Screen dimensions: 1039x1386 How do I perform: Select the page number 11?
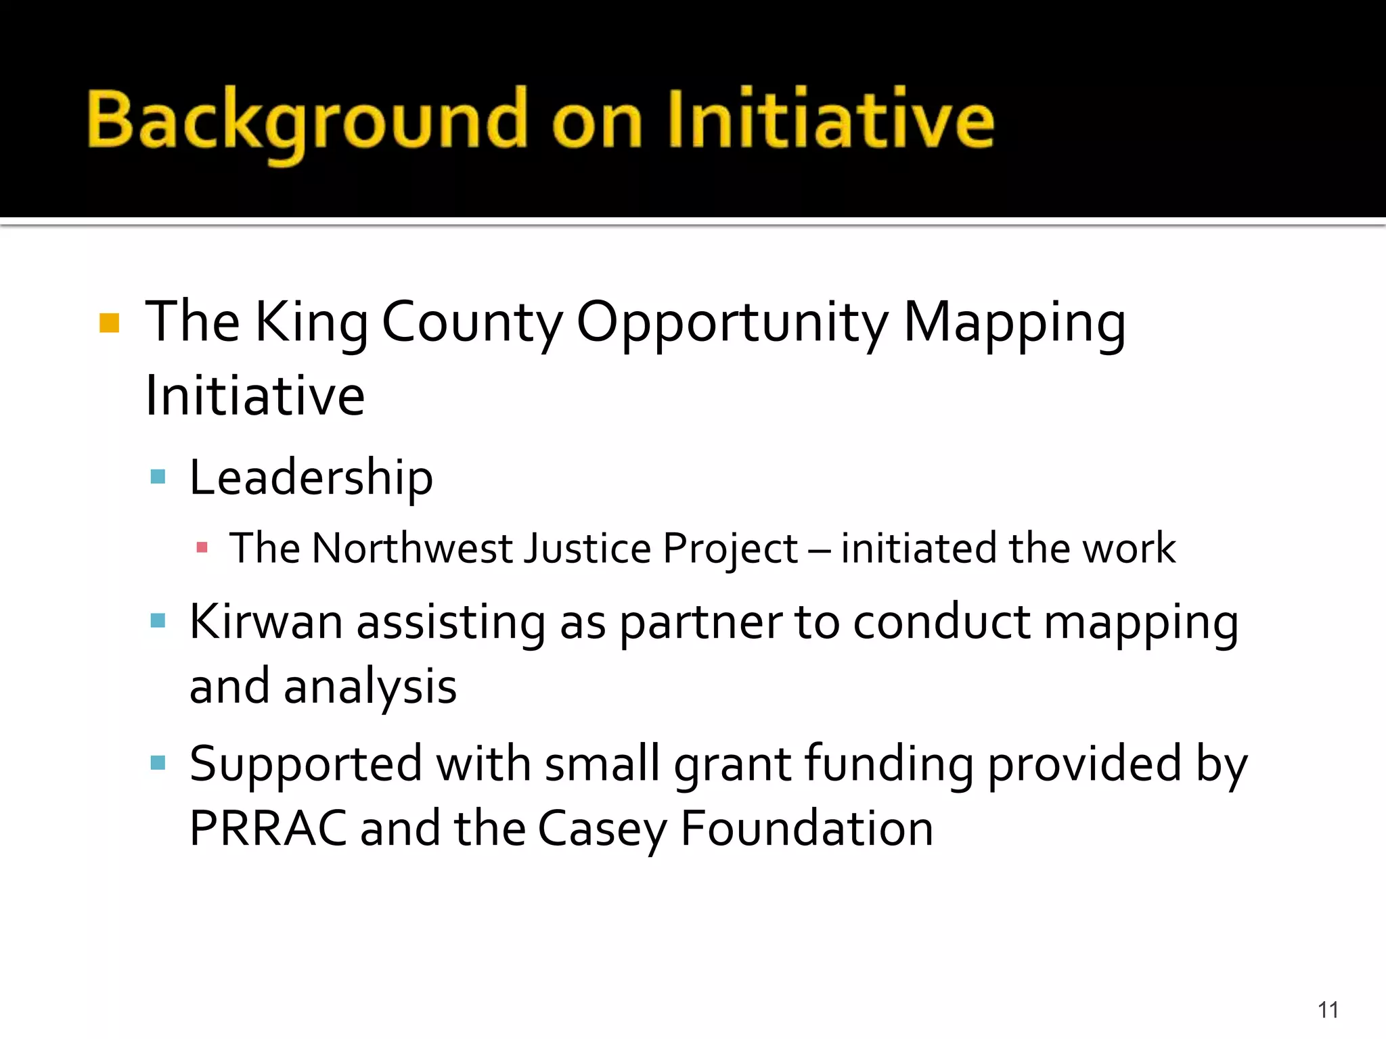pos(1328,1010)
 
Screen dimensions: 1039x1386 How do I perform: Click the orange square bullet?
pos(109,323)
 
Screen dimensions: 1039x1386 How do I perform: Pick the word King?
pos(312,323)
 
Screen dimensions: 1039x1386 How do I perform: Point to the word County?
pos(472,323)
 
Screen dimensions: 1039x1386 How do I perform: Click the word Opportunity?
pos(732,323)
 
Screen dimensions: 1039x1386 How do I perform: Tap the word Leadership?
pos(311,478)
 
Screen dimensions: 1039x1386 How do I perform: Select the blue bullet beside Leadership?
pos(158,477)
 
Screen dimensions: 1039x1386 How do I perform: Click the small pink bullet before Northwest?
pos(202,547)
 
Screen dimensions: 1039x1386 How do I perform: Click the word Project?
pos(730,549)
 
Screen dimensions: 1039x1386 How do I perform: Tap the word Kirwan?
pos(265,622)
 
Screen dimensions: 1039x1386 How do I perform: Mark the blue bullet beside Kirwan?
pos(158,620)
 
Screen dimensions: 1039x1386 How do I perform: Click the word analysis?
pos(370,687)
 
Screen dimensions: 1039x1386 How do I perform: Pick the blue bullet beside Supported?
pos(158,764)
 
